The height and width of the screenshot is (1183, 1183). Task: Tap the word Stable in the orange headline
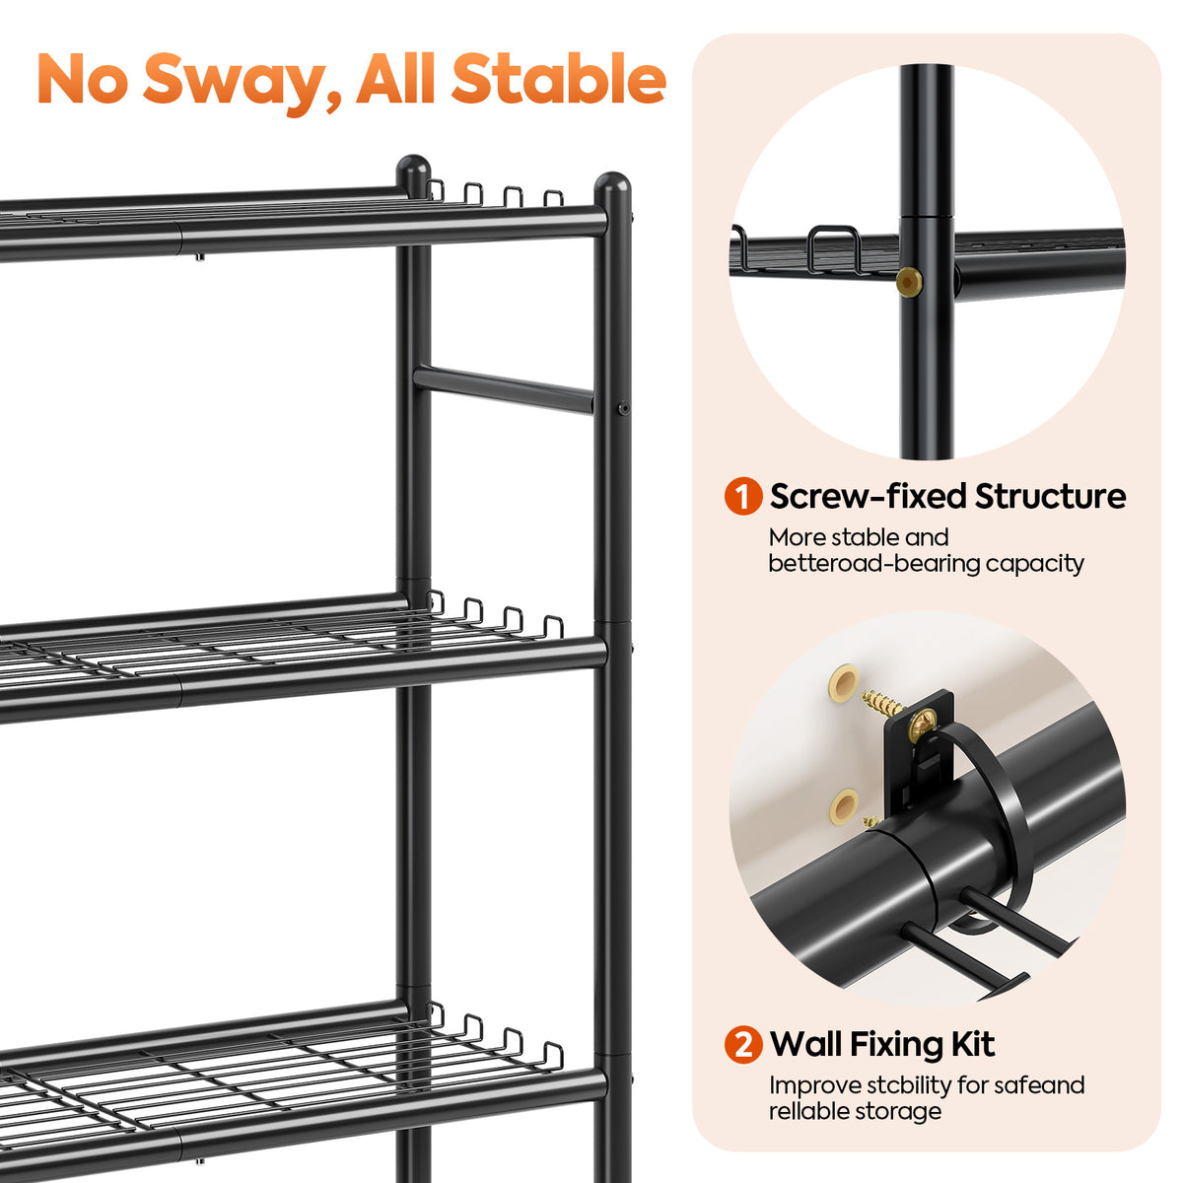click(x=559, y=79)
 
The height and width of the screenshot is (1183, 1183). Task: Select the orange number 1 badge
click(x=743, y=496)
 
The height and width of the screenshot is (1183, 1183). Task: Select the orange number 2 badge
click(x=743, y=1044)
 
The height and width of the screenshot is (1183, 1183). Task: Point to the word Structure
click(x=1050, y=496)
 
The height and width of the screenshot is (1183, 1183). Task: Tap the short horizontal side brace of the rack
click(x=504, y=389)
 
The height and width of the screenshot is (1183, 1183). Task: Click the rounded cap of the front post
click(x=612, y=186)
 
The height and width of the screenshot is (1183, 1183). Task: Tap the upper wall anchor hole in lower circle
click(x=845, y=681)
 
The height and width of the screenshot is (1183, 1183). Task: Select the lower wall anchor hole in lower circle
click(x=845, y=806)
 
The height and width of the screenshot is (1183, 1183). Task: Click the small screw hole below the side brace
click(x=624, y=407)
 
